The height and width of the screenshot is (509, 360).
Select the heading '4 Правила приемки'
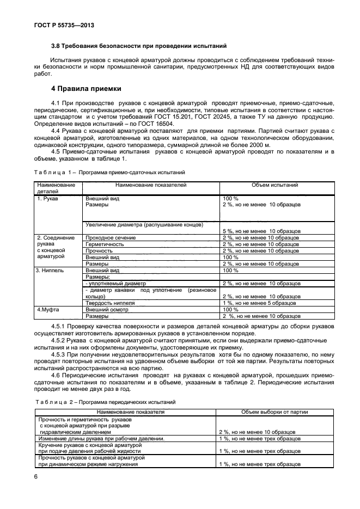[x=86, y=88]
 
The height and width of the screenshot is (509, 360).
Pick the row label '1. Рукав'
[x=47, y=199]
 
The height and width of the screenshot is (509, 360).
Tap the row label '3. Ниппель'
[x=51, y=270]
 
